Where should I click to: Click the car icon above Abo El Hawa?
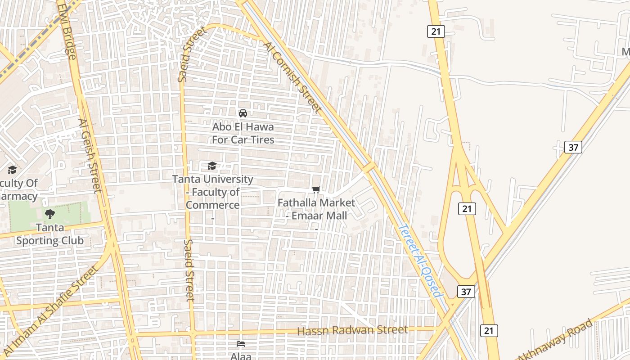click(243, 113)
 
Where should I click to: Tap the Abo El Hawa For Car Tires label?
click(243, 134)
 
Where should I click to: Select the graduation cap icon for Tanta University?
click(212, 166)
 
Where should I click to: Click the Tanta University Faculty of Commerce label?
click(213, 192)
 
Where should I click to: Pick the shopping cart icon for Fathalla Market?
click(316, 190)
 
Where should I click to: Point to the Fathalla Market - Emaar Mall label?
click(316, 209)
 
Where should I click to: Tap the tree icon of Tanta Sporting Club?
click(50, 214)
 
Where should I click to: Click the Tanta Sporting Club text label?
click(50, 234)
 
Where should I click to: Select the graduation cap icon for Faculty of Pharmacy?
click(12, 170)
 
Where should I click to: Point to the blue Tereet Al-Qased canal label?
click(419, 261)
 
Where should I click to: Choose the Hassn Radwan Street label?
click(352, 330)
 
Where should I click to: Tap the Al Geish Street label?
click(90, 155)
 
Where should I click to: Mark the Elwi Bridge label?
click(67, 29)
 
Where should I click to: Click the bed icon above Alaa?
click(241, 344)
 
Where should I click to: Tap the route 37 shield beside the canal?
click(466, 292)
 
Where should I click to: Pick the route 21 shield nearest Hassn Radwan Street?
click(489, 331)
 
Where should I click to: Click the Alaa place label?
click(241, 355)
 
